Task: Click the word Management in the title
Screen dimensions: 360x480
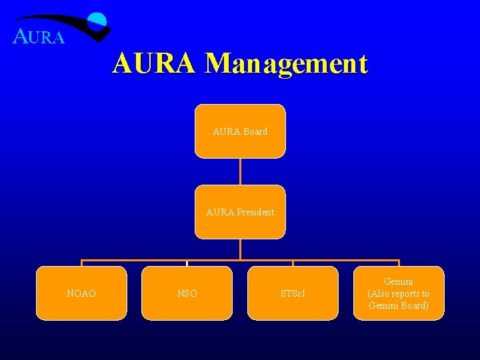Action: [287, 64]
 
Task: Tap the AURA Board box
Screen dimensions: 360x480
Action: [240, 131]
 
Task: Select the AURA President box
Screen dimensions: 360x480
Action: [240, 212]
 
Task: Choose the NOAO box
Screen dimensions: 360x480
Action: [81, 293]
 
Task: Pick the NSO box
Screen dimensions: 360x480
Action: [187, 293]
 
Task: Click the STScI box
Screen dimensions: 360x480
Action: [293, 293]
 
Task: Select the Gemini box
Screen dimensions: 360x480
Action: [399, 293]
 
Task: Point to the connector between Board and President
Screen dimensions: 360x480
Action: [240, 171]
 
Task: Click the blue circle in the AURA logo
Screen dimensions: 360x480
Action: [98, 21]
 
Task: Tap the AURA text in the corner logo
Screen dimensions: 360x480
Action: [39, 37]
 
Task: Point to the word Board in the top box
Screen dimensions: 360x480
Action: [255, 131]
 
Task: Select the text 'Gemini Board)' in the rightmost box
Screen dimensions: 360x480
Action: [399, 305]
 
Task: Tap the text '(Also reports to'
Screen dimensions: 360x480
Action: [399, 293]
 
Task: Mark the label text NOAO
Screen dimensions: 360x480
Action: [81, 293]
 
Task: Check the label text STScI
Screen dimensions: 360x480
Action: [293, 293]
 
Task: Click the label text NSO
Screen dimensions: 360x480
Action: [187, 293]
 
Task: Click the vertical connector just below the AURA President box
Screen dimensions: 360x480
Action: [240, 249]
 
